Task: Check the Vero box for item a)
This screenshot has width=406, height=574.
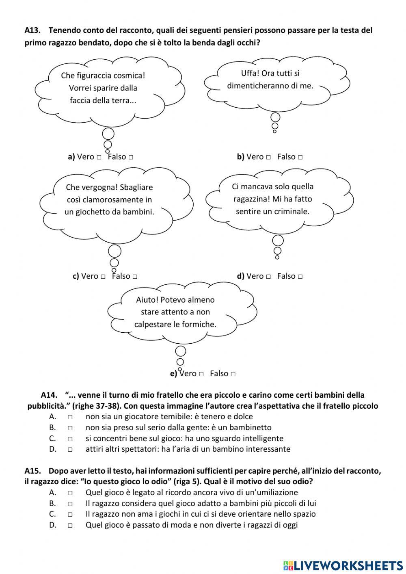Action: [x=99, y=157]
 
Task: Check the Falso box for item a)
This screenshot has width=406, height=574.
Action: [x=131, y=157]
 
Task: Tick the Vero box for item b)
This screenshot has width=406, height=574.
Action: [x=268, y=157]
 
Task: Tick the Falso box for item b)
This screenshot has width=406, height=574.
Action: [x=300, y=157]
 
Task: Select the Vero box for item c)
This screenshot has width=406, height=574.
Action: [x=103, y=277]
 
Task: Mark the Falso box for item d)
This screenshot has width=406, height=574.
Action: [x=300, y=277]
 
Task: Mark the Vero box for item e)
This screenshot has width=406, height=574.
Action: [x=201, y=374]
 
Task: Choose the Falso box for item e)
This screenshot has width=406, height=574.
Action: [x=233, y=374]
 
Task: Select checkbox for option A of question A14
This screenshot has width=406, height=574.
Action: [x=70, y=417]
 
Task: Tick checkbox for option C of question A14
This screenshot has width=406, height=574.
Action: [x=70, y=439]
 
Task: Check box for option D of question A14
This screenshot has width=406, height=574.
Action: [x=70, y=450]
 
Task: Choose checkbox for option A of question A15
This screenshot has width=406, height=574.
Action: [x=70, y=493]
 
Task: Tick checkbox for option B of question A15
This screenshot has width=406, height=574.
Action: [x=70, y=504]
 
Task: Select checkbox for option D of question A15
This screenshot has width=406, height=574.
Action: [x=70, y=525]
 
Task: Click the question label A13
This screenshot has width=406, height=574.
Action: [x=32, y=30]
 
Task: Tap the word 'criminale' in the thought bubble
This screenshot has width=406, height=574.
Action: [x=292, y=212]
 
